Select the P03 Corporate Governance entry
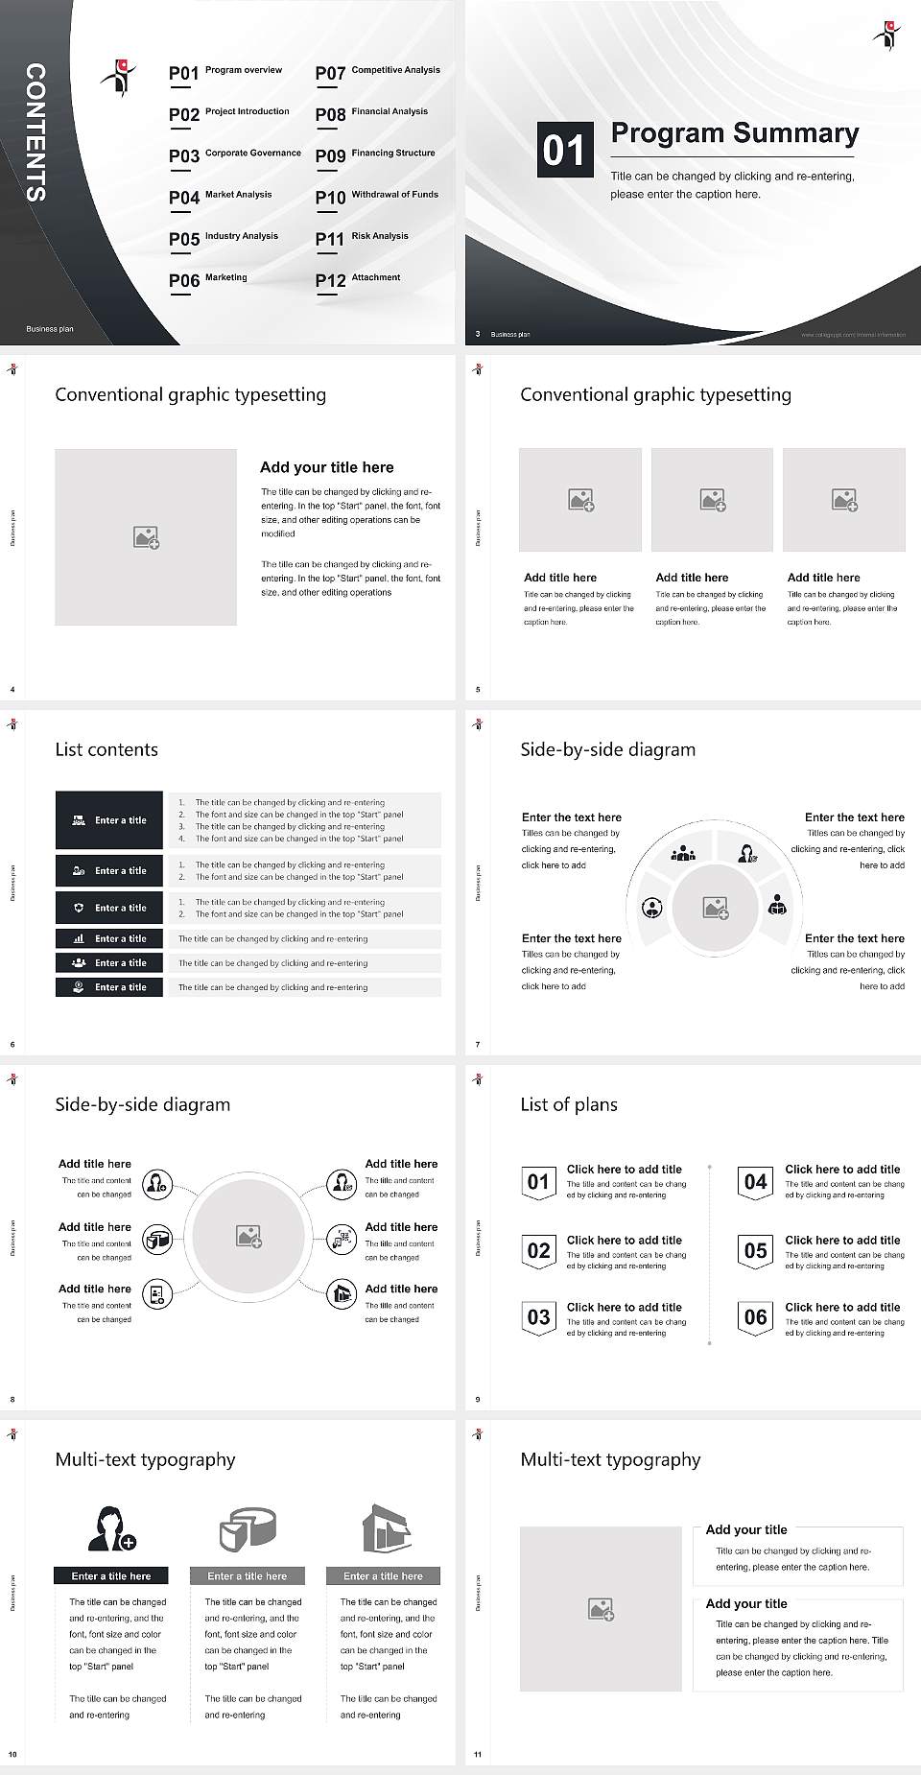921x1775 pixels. point(234,154)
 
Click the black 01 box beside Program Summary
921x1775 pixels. point(563,150)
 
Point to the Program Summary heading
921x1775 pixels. point(734,133)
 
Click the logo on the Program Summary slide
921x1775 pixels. point(887,35)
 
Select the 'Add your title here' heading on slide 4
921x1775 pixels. point(326,467)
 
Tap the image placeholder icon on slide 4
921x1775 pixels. point(146,537)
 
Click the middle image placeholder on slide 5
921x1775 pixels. point(712,500)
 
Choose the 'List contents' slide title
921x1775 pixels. point(106,749)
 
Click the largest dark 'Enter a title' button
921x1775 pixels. point(109,820)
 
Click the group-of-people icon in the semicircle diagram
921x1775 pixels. point(683,852)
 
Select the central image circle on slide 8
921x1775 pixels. point(248,1237)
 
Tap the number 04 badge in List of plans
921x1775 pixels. point(755,1182)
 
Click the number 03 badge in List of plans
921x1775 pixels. point(538,1317)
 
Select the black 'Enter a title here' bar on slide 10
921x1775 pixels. point(110,1575)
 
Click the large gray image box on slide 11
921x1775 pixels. point(601,1609)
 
